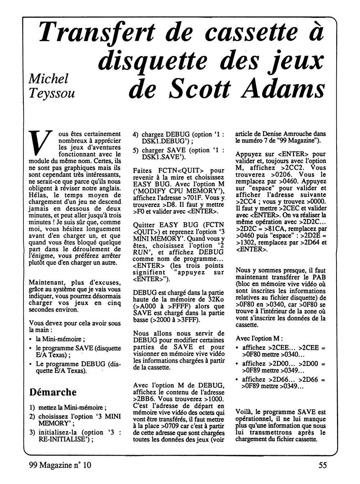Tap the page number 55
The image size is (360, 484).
point(323,465)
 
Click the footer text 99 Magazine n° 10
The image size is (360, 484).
point(60,465)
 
